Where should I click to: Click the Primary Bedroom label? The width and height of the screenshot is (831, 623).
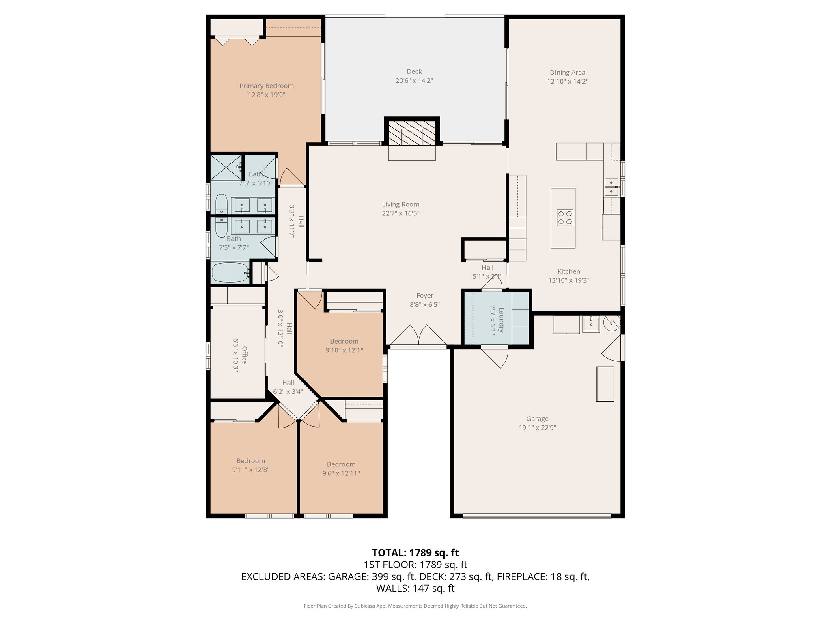[x=266, y=86]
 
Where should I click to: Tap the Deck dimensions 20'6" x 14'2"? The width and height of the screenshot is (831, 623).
[x=414, y=81]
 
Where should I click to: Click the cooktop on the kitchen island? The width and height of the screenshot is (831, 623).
[x=564, y=217]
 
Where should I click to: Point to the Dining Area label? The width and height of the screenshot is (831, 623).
[x=567, y=73]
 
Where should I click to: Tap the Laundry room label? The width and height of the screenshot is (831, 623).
[x=502, y=320]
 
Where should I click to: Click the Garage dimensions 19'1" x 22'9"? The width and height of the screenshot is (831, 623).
[x=537, y=428]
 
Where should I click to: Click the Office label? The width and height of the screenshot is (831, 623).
[x=244, y=355]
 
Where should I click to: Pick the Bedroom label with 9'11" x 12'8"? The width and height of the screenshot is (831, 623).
[x=251, y=461]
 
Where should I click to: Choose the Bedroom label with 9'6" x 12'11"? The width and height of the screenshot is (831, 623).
[x=341, y=464]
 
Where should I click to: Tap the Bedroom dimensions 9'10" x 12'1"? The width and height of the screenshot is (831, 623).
[x=344, y=350]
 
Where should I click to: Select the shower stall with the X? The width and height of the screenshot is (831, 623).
[x=225, y=168]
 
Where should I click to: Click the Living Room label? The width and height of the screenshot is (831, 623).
[x=400, y=204]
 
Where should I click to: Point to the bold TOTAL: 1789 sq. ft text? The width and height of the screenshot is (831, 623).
[x=415, y=553]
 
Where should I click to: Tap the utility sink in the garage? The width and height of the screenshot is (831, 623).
[x=591, y=324]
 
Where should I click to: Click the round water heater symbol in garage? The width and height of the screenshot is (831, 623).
[x=611, y=322]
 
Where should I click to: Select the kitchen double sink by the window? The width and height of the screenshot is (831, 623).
[x=611, y=187]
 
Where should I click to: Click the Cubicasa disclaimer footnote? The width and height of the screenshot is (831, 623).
[x=415, y=606]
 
